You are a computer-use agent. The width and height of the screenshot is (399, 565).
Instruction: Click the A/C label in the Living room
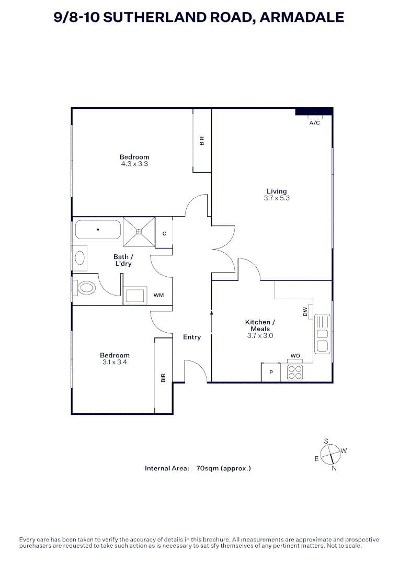tap(314, 123)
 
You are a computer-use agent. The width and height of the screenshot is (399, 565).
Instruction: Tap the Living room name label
tap(277, 191)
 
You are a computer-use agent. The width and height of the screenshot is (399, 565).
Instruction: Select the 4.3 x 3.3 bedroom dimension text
tap(134, 164)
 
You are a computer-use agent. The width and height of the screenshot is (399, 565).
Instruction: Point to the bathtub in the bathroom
tap(98, 230)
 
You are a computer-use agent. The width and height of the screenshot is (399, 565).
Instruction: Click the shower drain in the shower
tap(139, 231)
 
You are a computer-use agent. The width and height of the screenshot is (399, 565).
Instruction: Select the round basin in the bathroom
tap(80, 257)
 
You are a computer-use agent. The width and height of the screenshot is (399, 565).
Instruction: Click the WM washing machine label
tap(158, 296)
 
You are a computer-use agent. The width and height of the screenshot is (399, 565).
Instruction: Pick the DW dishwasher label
tap(305, 311)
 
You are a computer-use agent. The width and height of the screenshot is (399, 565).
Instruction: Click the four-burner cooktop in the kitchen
tap(295, 372)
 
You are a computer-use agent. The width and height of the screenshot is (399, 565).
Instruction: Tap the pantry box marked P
tap(271, 372)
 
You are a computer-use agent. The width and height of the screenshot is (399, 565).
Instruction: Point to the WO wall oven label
tap(295, 356)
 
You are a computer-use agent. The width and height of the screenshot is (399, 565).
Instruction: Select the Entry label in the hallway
tap(192, 337)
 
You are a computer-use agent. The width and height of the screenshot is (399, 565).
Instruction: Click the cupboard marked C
tap(164, 233)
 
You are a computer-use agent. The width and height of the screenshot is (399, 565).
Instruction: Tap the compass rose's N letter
tap(334, 468)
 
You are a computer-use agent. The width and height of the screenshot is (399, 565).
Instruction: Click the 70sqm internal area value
tap(207, 468)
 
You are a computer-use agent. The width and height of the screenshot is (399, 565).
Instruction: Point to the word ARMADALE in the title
tap(302, 17)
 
